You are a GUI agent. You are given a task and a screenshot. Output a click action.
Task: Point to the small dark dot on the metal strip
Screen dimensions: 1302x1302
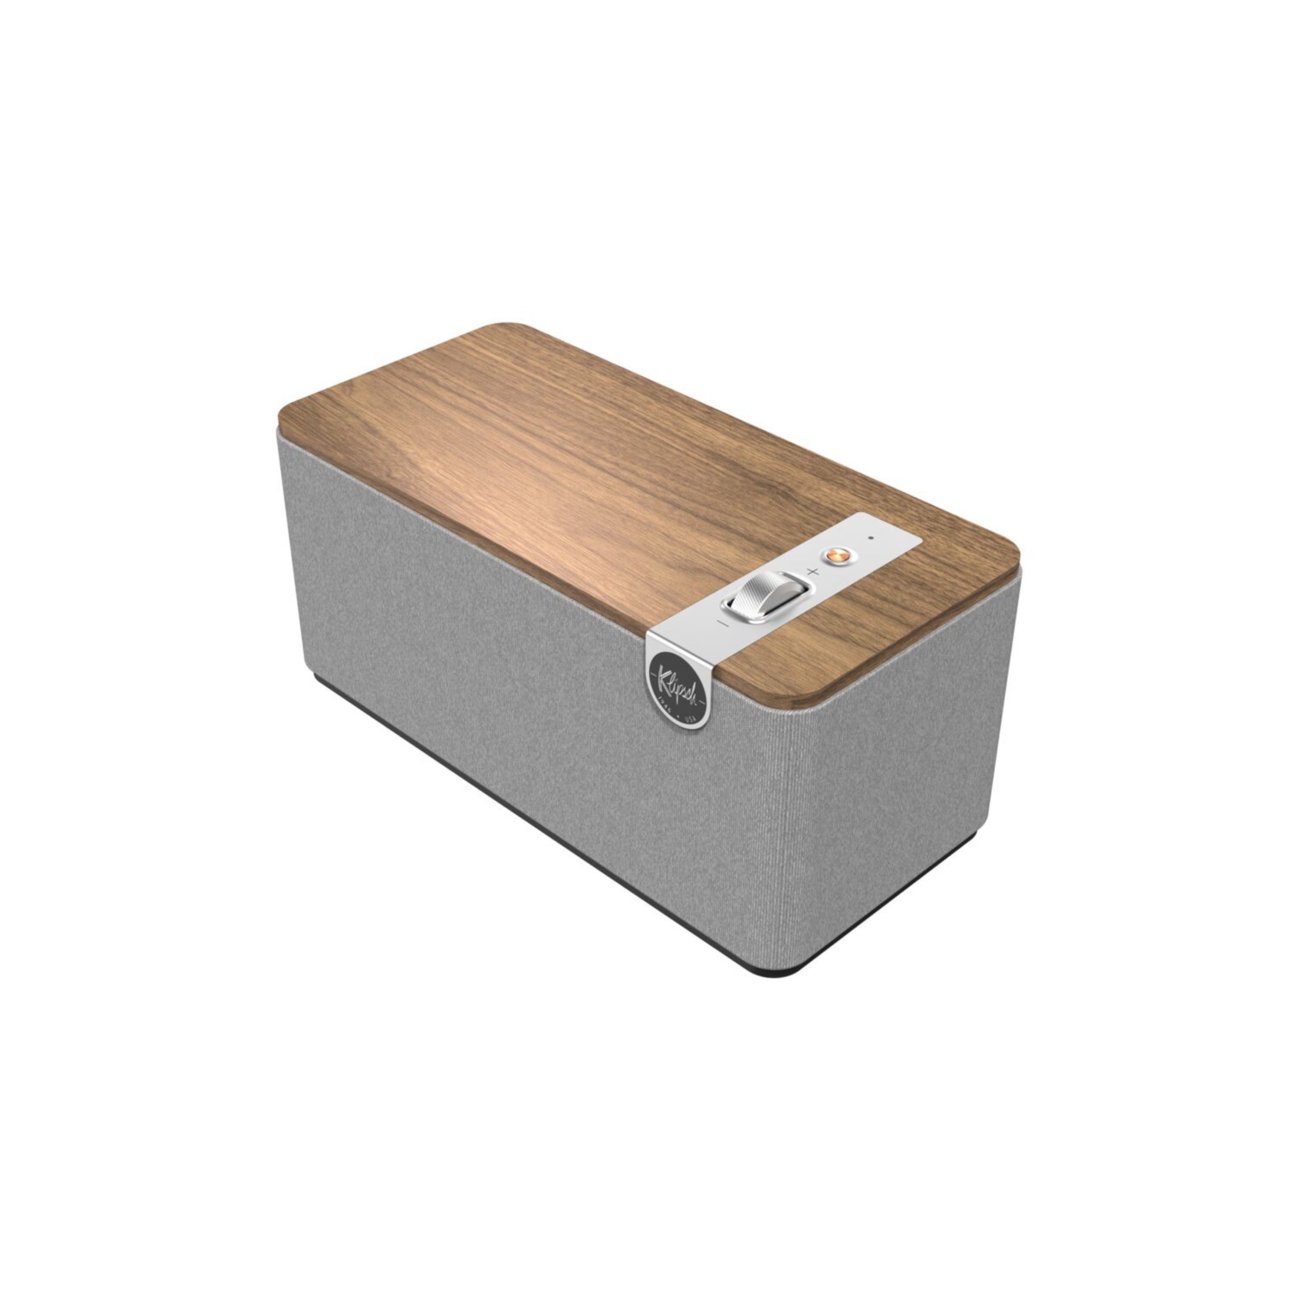coord(871,538)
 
